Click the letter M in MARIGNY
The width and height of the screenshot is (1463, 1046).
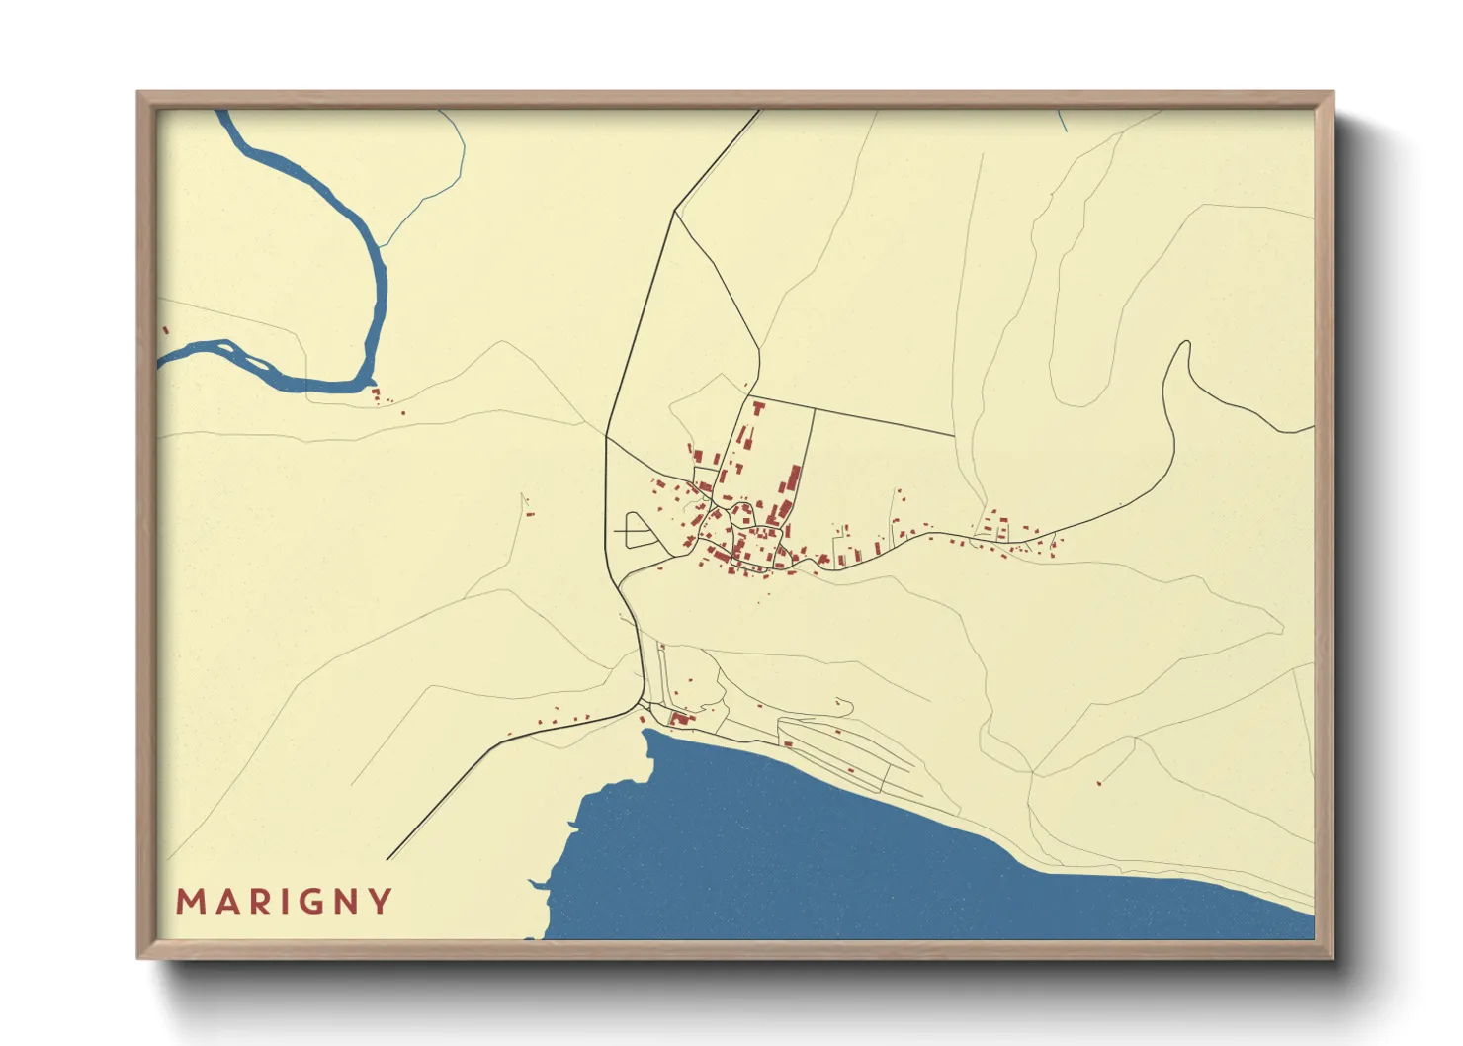tap(189, 902)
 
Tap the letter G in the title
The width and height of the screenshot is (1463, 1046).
tap(304, 902)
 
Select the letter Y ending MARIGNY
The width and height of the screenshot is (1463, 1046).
tap(381, 902)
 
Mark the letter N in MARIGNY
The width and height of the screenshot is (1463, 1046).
tap(343, 902)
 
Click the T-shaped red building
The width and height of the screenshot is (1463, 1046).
tap(758, 406)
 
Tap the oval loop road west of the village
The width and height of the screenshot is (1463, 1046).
tap(639, 530)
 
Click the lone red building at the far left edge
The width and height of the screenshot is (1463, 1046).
tap(165, 330)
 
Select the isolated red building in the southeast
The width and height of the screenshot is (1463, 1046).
tap(1099, 783)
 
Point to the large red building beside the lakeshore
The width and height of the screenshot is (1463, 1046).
tap(679, 718)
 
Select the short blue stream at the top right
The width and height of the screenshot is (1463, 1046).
tap(1062, 121)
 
